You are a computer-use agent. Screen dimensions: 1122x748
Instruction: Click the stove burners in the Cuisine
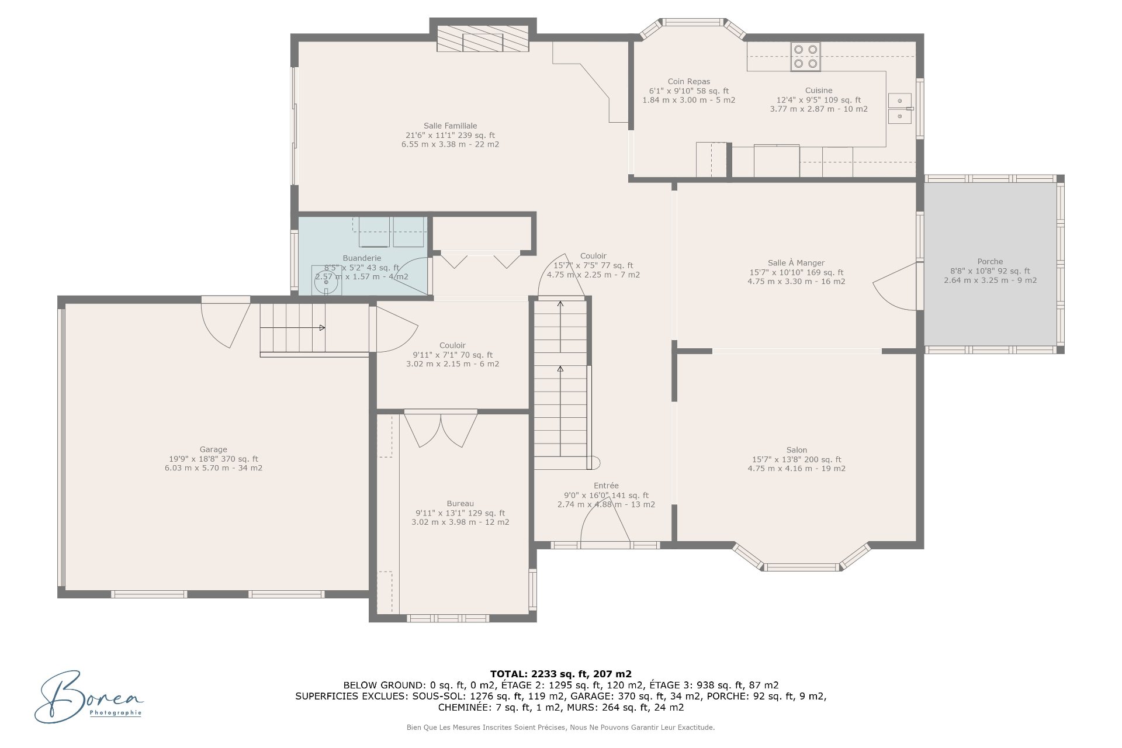pyautogui.click(x=805, y=57)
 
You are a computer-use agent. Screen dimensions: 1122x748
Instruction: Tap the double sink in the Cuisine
pyautogui.click(x=901, y=109)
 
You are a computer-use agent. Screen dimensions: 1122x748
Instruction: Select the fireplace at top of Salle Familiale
pyautogui.click(x=483, y=39)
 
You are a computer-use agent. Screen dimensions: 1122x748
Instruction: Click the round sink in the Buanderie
pyautogui.click(x=326, y=283)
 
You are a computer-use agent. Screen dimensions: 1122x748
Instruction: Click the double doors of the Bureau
pyautogui.click(x=441, y=431)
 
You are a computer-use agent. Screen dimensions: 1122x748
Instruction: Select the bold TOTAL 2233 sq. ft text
pyautogui.click(x=561, y=674)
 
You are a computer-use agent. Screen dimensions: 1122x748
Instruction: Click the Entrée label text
pyautogui.click(x=606, y=486)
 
